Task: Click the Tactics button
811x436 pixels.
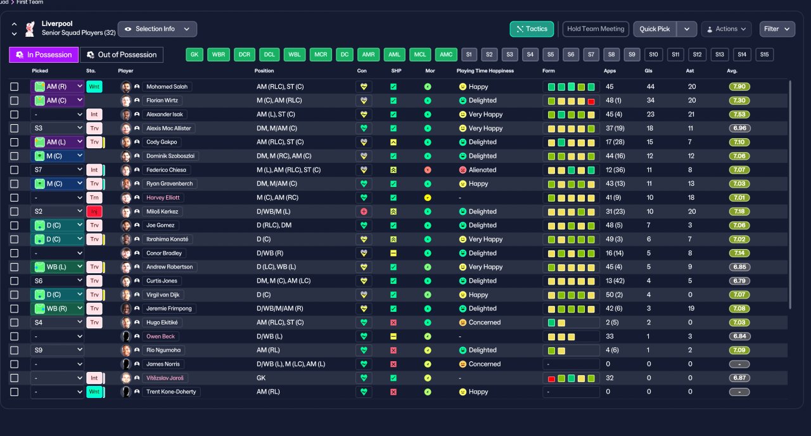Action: [532, 29]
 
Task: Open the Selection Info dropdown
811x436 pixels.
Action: [157, 29]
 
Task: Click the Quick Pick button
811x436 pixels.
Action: [655, 29]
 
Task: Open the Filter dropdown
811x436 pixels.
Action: [777, 29]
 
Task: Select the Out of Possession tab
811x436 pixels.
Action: [121, 55]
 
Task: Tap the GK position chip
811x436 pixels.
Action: [195, 55]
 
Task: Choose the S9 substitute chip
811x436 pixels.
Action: [632, 55]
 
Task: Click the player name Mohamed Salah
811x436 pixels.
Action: [167, 87]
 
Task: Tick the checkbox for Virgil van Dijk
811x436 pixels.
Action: [14, 295]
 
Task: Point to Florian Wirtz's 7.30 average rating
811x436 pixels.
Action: [739, 101]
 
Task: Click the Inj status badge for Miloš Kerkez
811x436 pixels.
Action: [94, 212]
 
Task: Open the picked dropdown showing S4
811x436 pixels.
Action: [57, 323]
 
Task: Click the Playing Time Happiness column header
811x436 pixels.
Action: [485, 71]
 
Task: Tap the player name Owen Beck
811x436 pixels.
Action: [162, 337]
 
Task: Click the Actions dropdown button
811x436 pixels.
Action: [726, 29]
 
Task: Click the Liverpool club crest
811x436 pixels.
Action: [30, 29]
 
